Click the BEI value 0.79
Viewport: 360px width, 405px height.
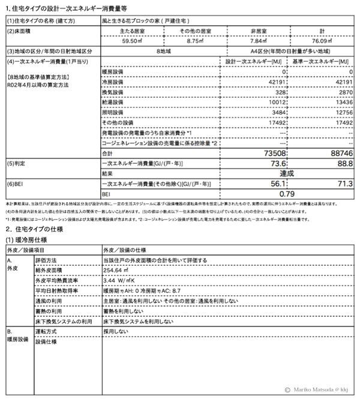pos(289,194)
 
